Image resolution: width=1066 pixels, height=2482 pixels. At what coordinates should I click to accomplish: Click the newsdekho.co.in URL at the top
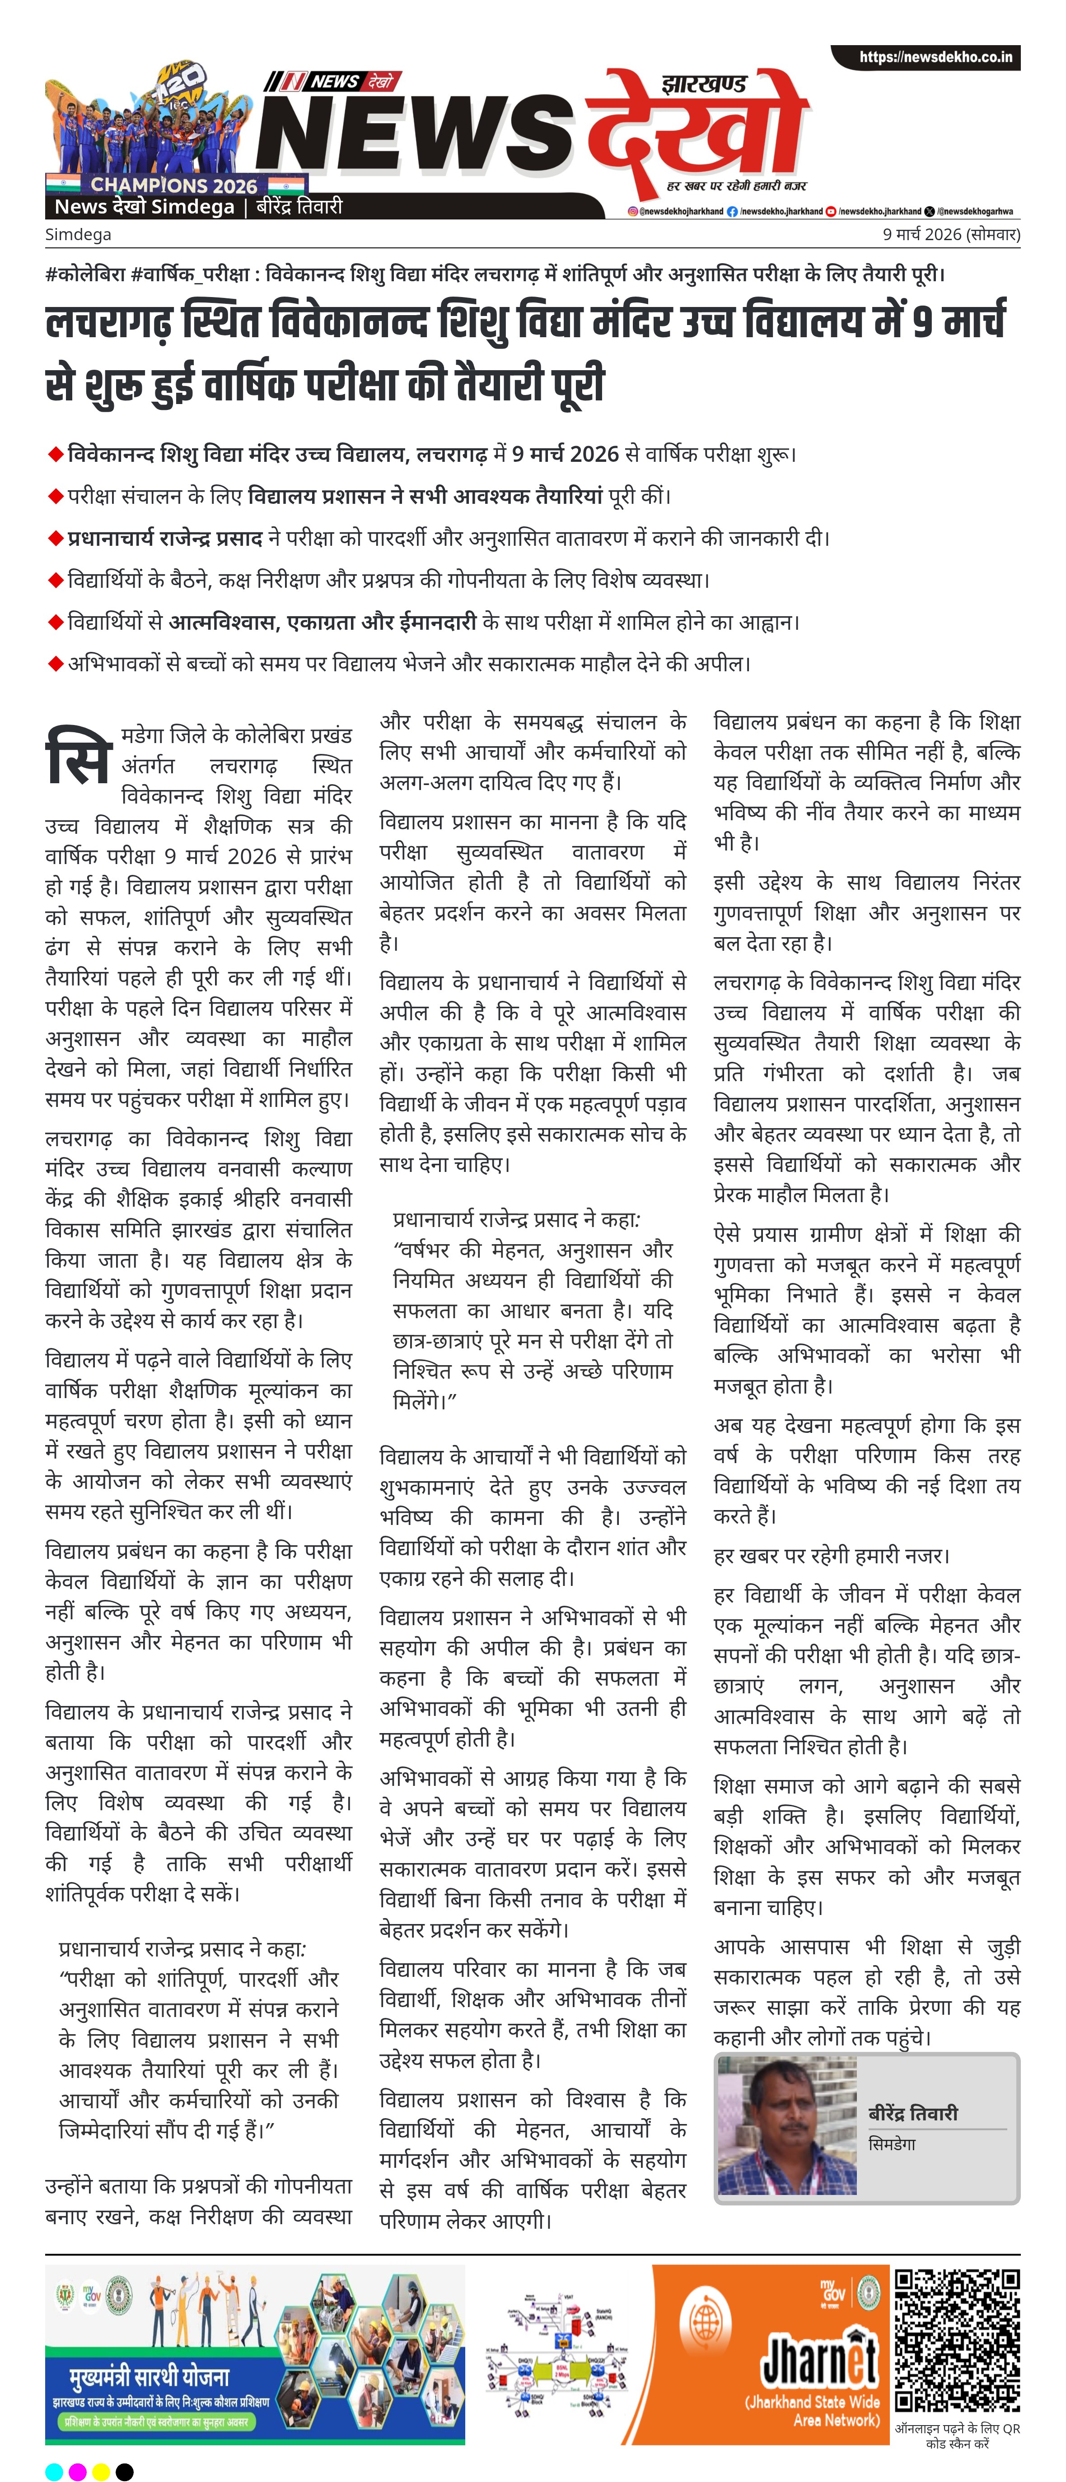[935, 58]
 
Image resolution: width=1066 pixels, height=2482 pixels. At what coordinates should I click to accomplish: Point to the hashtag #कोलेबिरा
[85, 274]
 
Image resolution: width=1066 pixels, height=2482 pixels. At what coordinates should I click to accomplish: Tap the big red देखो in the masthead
[694, 135]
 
